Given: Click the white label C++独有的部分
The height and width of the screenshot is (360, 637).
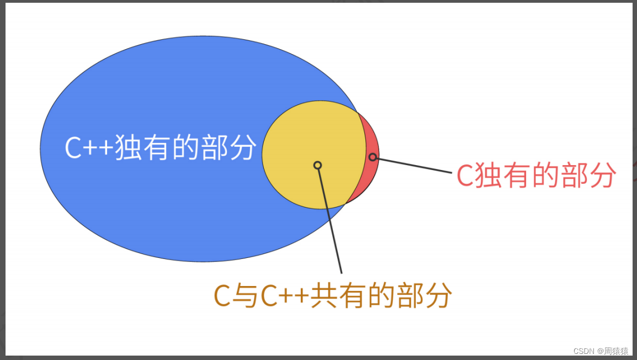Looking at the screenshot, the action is point(161,147).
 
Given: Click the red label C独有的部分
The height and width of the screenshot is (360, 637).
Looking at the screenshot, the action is point(536,176).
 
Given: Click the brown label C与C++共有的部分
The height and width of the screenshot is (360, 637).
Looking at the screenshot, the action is point(332,295).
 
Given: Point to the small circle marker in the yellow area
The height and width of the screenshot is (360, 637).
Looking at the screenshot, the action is point(317,165).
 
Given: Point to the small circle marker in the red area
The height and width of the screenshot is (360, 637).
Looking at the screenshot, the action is point(373,157).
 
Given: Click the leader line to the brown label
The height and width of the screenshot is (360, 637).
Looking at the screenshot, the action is point(330,221).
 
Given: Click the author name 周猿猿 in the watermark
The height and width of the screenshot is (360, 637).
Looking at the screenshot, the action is point(616,351).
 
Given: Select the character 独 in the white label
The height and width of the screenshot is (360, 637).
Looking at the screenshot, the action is point(128,147).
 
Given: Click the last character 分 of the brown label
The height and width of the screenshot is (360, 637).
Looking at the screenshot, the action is point(439,296).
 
